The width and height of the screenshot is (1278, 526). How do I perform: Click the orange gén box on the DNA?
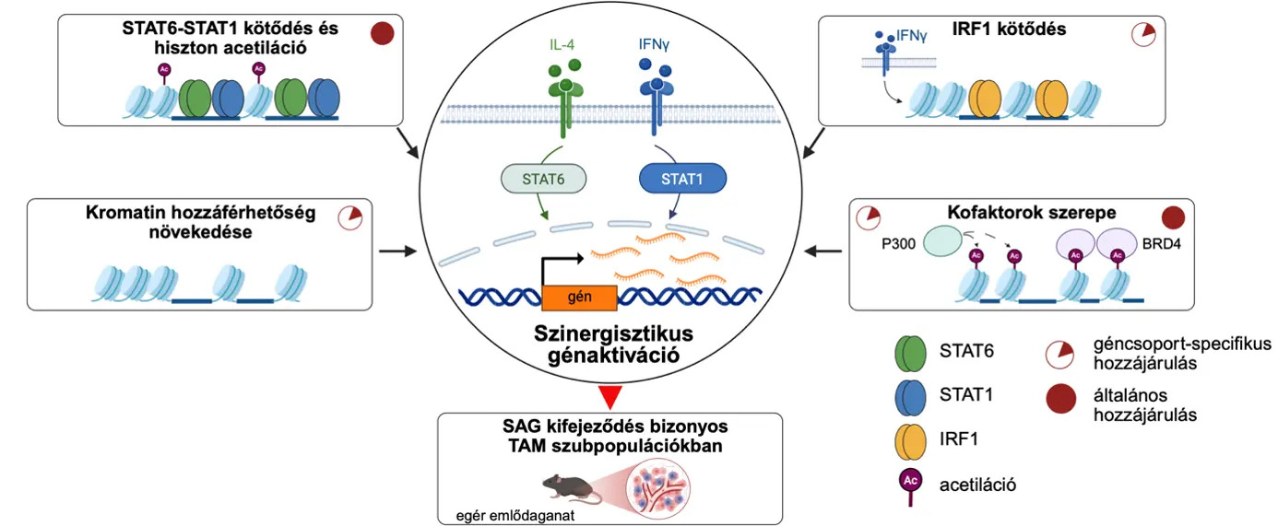click(579, 297)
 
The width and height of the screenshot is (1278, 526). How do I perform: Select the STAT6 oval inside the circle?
click(543, 179)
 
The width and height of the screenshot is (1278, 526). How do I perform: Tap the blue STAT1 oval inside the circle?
click(682, 179)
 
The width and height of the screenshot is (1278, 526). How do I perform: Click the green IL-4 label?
click(562, 44)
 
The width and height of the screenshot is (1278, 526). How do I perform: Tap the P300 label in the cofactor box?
click(898, 244)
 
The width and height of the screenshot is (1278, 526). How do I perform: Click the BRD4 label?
click(1161, 244)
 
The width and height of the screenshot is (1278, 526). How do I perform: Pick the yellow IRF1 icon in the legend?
click(910, 441)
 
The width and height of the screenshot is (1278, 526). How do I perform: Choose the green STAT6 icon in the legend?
click(910, 353)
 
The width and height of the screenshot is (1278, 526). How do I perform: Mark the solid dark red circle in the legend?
click(1060, 398)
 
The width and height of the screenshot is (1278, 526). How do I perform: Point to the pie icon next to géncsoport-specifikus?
click(1059, 355)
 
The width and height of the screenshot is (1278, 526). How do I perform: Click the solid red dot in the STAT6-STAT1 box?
click(383, 33)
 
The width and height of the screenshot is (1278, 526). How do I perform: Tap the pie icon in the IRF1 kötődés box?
click(1143, 35)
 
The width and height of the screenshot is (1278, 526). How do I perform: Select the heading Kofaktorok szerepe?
click(1032, 213)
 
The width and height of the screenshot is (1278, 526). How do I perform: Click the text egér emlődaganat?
click(515, 515)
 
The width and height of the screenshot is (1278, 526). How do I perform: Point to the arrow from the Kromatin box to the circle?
click(398, 251)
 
